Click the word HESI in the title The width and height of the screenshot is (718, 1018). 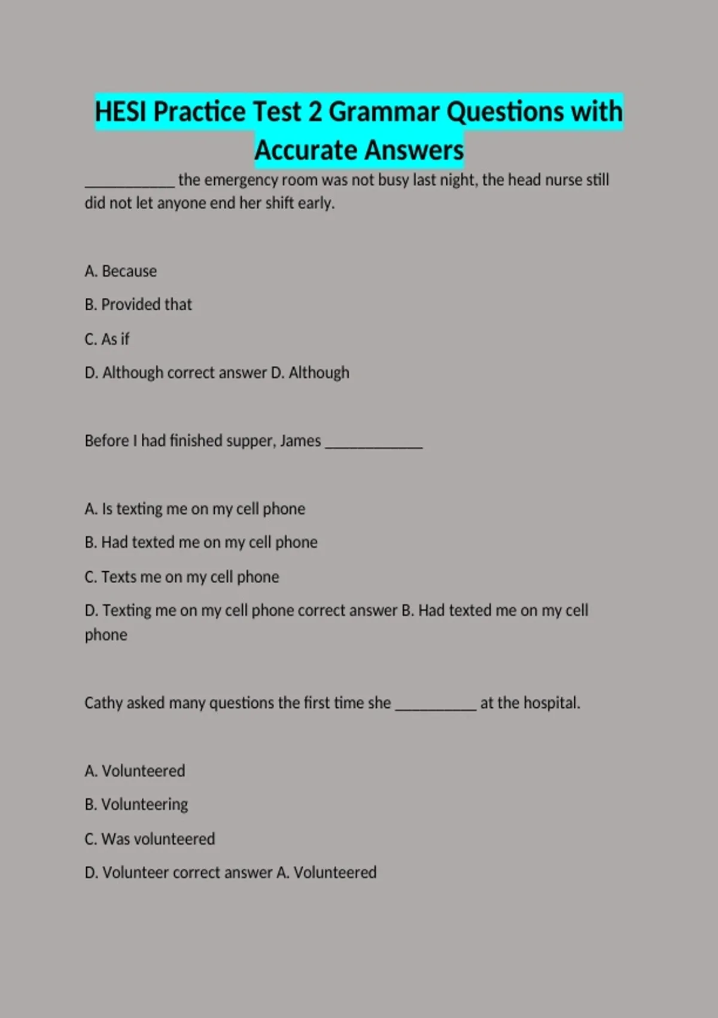121,112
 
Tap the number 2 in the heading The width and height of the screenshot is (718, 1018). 315,112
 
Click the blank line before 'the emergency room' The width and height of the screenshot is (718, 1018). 129,182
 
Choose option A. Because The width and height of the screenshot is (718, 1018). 121,271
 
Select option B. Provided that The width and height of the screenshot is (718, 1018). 138,305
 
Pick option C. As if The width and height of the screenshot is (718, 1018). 107,339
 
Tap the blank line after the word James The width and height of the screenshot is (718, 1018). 374,443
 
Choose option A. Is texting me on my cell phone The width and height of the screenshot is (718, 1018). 195,509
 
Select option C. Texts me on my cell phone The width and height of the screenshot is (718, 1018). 182,577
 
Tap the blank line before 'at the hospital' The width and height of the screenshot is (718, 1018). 436,705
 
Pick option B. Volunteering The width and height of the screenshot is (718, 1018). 136,804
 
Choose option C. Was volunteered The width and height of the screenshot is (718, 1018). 150,839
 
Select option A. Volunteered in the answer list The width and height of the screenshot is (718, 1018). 135,771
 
